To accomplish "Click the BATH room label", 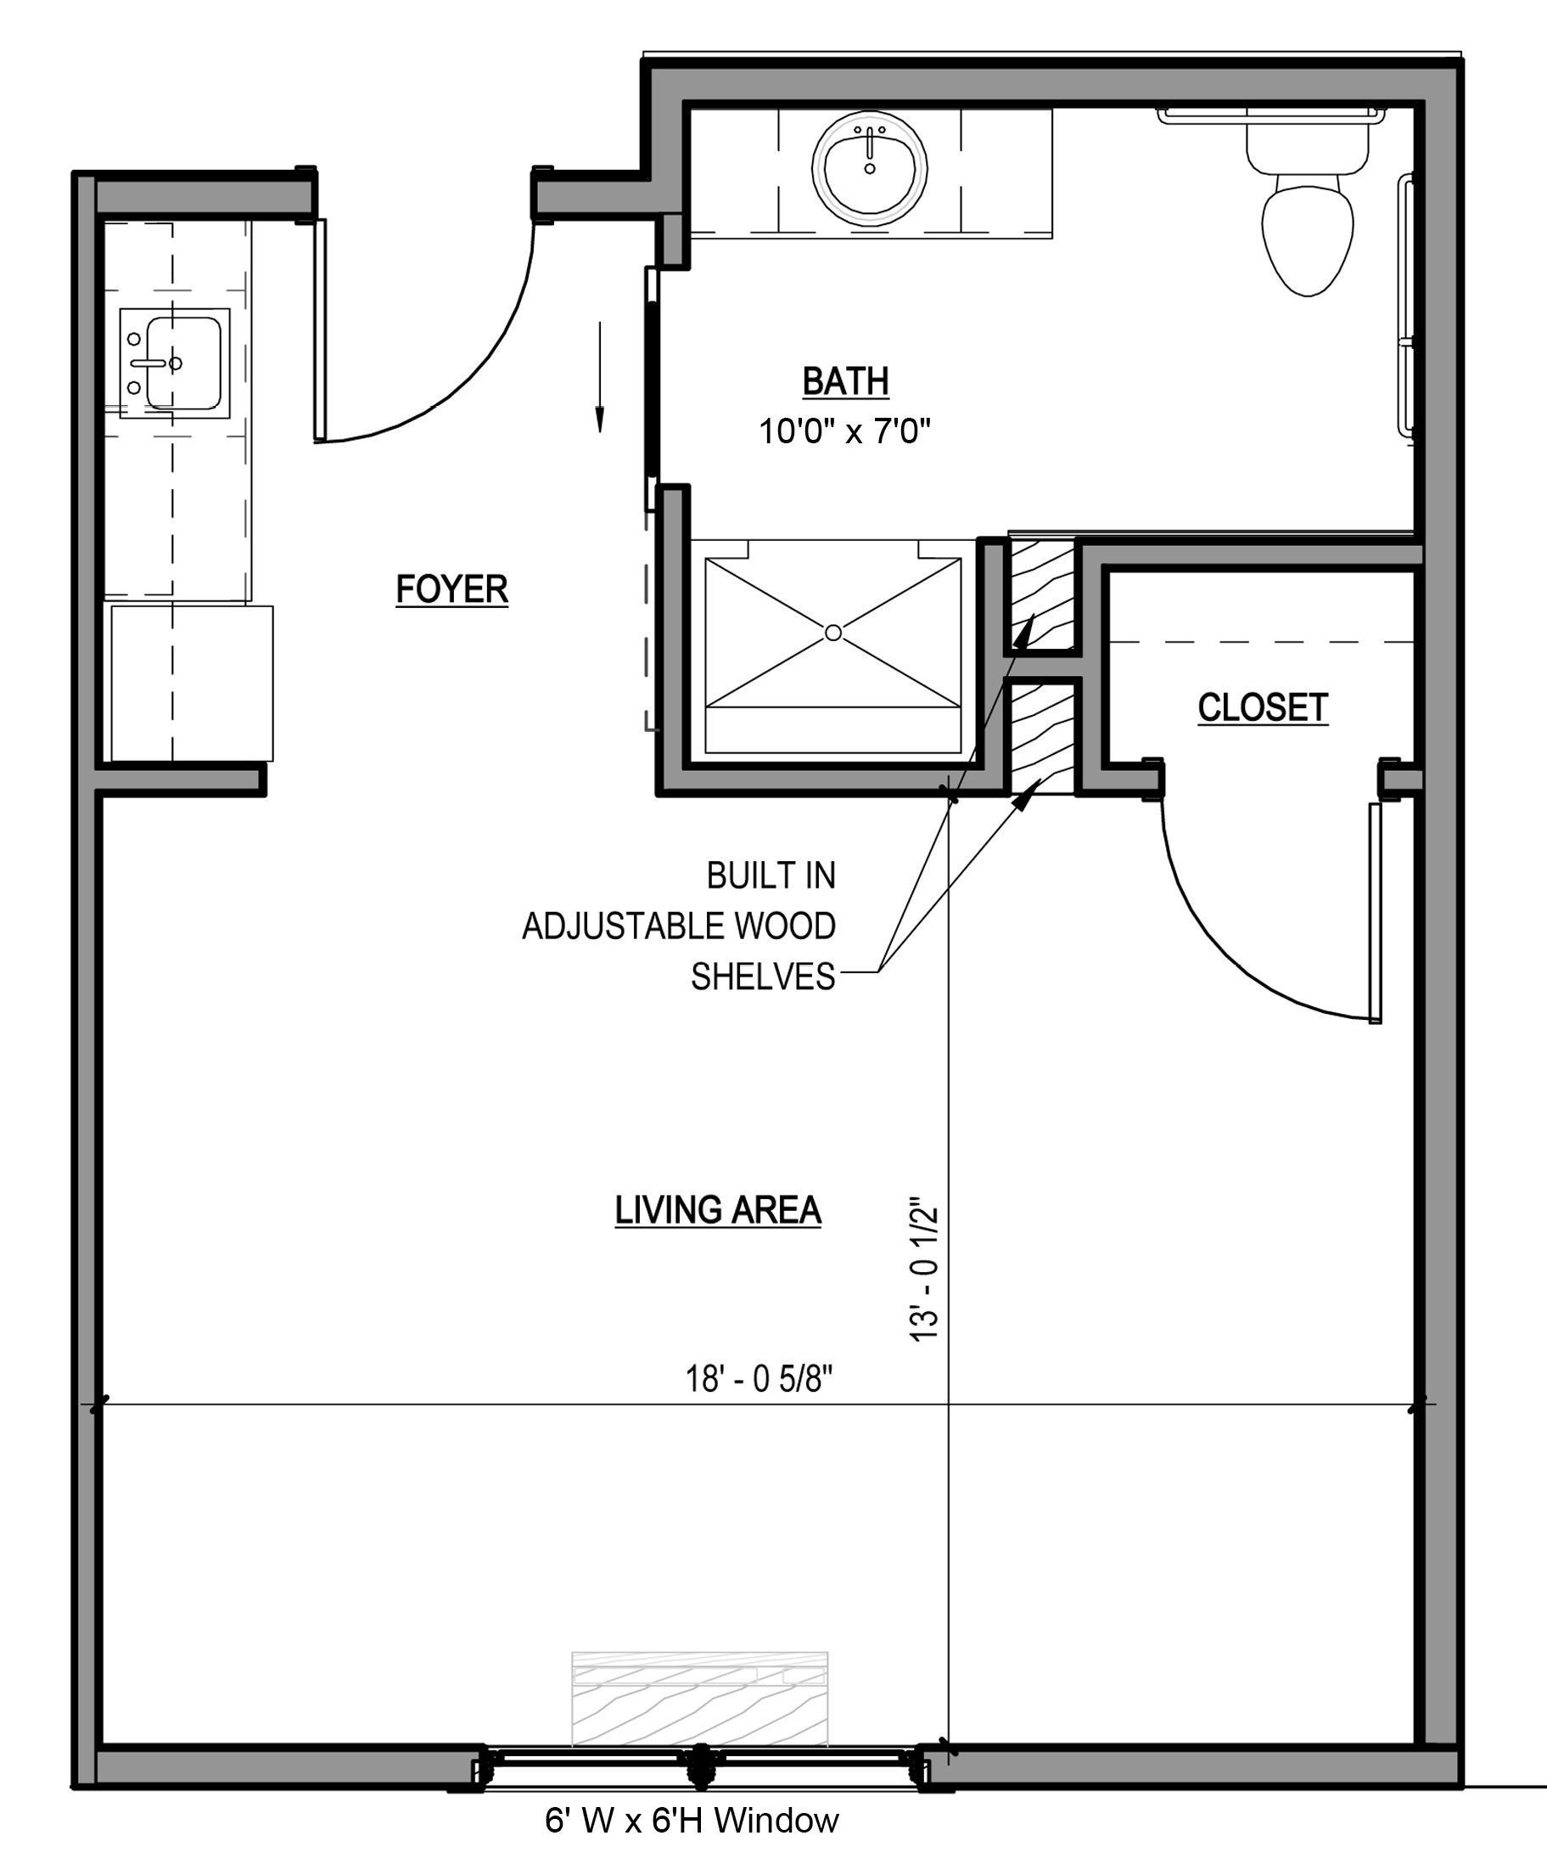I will point(845,381).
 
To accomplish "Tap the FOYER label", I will point(451,589).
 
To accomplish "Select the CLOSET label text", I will point(1262,707).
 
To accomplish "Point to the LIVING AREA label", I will point(717,1210).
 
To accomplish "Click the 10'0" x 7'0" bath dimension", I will point(844,432).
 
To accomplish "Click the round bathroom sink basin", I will point(869,169).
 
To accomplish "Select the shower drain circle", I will point(833,632).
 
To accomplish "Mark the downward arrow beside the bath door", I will point(600,379).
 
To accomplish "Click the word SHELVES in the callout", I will point(763,977).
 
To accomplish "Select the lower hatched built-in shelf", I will point(1043,735).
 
